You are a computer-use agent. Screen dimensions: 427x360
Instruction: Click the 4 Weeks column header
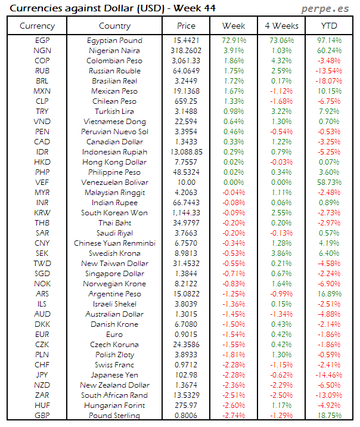coord(281,26)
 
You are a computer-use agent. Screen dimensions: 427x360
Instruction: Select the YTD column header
coord(328,26)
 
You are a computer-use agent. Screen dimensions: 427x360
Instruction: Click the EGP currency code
coord(42,41)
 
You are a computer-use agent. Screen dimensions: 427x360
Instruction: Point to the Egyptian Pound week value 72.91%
coord(233,41)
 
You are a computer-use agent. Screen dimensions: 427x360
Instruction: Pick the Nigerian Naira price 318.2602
coord(186,51)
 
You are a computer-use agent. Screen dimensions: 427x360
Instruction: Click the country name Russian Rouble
coord(114,71)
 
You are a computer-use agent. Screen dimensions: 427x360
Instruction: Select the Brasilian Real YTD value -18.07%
coord(328,81)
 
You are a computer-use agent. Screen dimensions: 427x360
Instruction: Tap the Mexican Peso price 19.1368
coord(186,91)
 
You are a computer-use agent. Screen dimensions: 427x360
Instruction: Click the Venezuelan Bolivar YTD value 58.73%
coord(328,182)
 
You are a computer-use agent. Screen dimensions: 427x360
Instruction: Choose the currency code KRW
coord(42,213)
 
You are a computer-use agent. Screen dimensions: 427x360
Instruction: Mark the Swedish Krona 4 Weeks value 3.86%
coord(281,253)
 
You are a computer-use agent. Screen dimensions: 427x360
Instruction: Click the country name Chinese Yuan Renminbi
coord(114,243)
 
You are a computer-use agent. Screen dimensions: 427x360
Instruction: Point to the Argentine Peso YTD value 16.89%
coord(328,294)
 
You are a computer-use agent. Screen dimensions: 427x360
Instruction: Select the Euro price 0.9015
coord(186,335)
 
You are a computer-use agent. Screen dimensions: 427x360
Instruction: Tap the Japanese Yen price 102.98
coord(186,375)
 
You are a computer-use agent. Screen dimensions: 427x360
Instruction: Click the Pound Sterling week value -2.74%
coord(233,416)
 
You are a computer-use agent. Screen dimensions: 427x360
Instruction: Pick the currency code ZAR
coord(42,395)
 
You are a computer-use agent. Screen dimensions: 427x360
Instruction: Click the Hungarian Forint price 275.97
coord(186,406)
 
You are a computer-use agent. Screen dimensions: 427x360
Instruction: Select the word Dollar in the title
coord(119,8)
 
